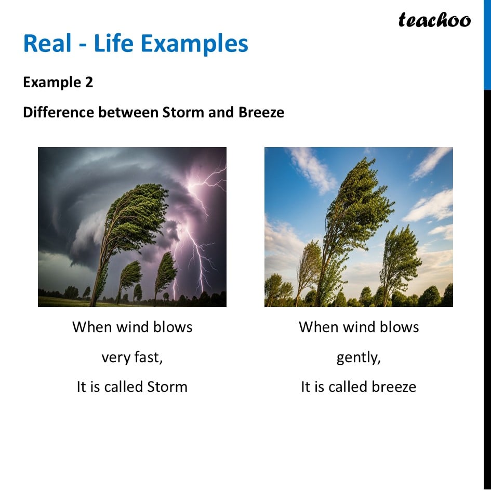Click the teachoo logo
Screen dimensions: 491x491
point(434,20)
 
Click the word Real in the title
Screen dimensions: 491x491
point(46,44)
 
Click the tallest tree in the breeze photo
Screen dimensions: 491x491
point(353,208)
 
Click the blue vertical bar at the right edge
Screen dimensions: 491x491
point(487,44)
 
